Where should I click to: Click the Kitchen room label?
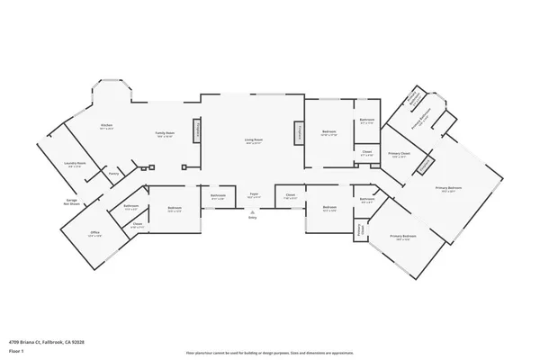point(106,126)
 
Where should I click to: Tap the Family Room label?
point(165,134)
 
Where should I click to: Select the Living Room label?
point(254,140)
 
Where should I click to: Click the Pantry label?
point(113,174)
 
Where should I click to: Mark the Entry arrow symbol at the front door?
point(253,211)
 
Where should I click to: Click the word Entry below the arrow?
point(253,218)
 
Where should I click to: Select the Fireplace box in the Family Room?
point(197,131)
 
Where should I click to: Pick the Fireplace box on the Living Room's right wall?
point(301,131)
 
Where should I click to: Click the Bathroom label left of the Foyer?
point(218,195)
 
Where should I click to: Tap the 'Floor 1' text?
point(16,348)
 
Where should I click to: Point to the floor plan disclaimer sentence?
point(270,354)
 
